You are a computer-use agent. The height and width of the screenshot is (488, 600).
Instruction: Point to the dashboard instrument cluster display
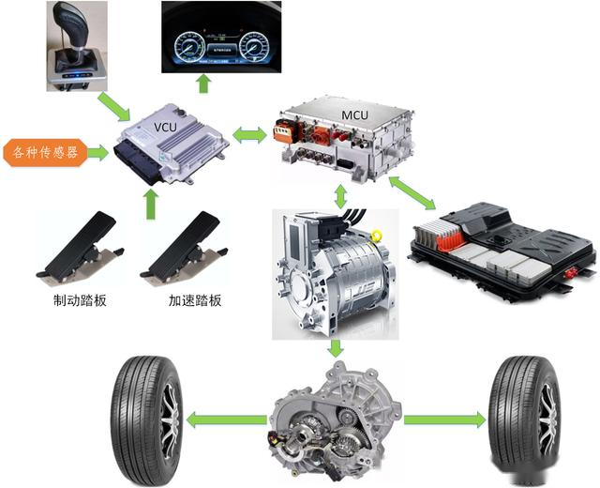point(221,38)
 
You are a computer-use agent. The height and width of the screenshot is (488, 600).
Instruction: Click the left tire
point(147,414)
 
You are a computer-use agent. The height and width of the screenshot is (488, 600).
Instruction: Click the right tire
point(522,412)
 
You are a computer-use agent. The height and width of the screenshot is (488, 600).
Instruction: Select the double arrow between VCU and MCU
point(249,136)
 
